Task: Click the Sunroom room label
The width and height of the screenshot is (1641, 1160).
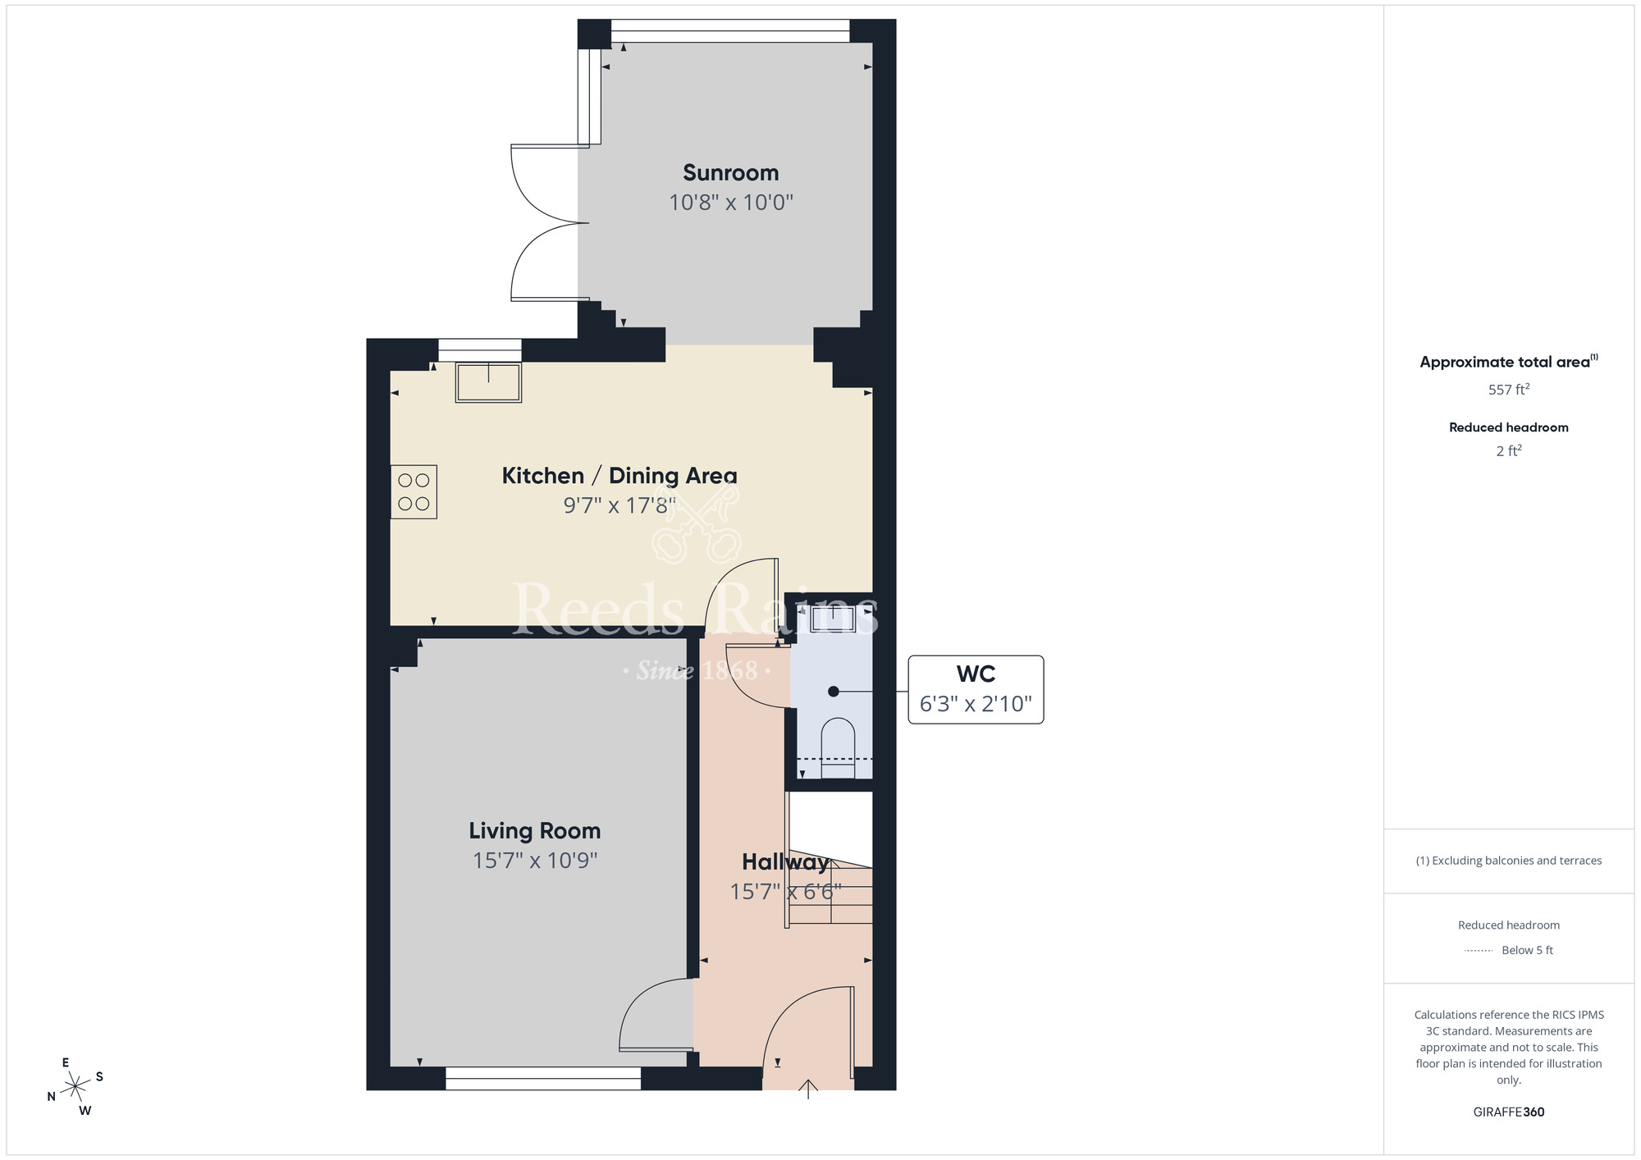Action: [730, 173]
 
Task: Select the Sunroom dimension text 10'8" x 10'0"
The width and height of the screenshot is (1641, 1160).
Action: [730, 203]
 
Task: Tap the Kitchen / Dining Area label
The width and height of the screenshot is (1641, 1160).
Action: [619, 476]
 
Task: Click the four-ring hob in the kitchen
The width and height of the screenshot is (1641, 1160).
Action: [414, 492]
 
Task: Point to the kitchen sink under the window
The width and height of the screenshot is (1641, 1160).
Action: [488, 382]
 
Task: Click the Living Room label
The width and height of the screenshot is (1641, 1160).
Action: [534, 831]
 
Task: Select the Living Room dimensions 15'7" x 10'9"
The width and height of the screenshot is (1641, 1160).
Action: [534, 861]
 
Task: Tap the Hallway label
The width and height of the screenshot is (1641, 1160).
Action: [784, 862]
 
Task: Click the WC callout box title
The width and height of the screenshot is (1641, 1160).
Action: [976, 674]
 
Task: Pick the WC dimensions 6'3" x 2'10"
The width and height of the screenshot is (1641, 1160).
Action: [976, 704]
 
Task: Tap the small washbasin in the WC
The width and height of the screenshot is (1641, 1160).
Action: [833, 619]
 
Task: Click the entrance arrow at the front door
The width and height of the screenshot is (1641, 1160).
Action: [808, 1089]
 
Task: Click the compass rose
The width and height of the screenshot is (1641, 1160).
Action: [75, 1087]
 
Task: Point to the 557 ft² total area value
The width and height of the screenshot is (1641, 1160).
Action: [1508, 390]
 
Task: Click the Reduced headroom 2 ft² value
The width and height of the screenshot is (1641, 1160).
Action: [1508, 451]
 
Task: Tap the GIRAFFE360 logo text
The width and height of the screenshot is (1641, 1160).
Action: [1508, 1112]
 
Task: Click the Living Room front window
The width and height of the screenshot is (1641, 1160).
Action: [542, 1078]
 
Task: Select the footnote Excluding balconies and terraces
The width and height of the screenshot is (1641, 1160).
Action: [1508, 861]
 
